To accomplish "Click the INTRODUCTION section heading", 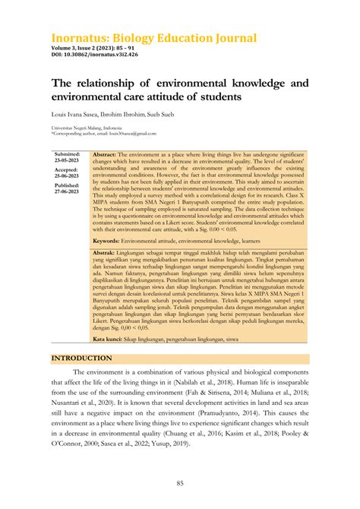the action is point(81,358).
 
